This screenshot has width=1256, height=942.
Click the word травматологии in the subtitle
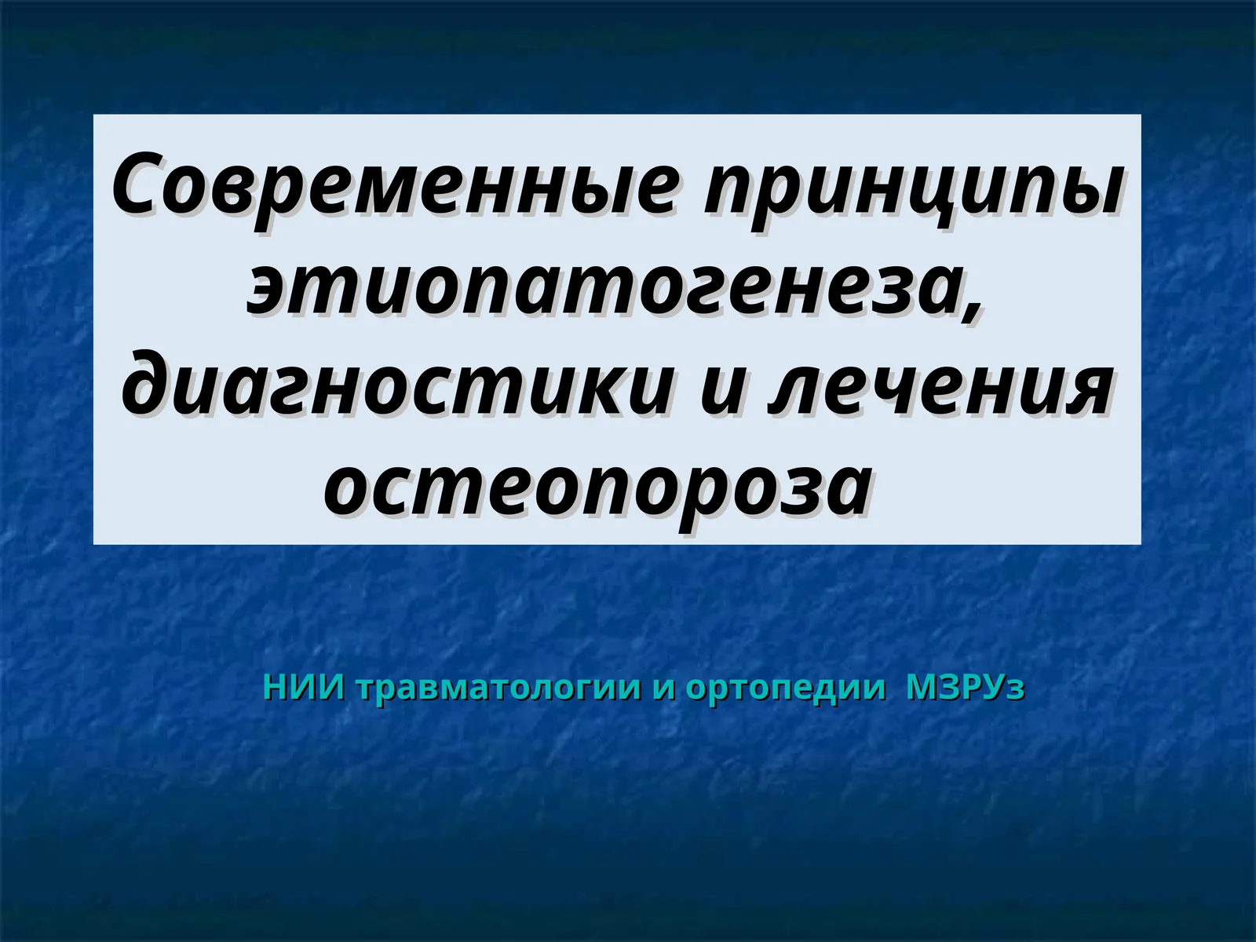(x=500, y=688)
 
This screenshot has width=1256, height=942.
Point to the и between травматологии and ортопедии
(x=664, y=688)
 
